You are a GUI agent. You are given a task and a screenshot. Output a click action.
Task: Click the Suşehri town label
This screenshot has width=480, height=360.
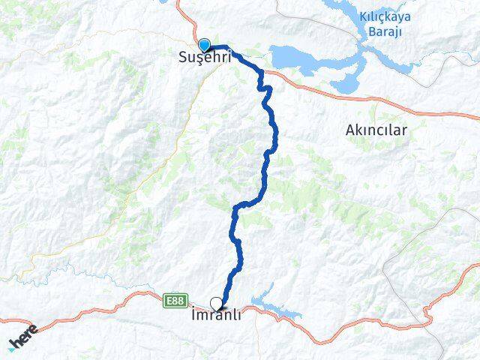(204, 57)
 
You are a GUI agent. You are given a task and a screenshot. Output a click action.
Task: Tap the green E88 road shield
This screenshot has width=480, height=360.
(175, 301)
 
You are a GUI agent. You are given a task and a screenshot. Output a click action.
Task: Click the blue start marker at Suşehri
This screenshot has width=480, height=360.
(204, 44)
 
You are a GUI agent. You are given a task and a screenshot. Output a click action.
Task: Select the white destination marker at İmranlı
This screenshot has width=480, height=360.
(217, 304)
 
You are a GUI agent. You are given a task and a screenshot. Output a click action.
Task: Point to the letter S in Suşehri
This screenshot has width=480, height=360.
(182, 57)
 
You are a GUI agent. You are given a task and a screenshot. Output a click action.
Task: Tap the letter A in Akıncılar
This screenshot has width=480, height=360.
(349, 130)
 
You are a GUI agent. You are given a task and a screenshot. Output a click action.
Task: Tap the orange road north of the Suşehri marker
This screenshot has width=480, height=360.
(180, 11)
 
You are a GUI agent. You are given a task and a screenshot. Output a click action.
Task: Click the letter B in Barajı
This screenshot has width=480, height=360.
(371, 31)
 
